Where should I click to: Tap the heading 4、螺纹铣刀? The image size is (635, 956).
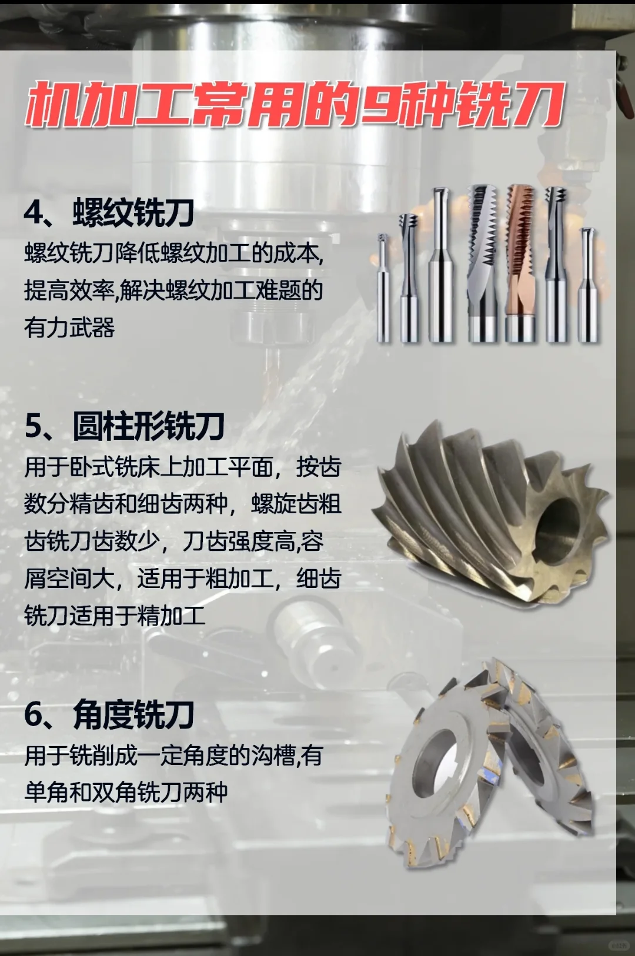[109, 212]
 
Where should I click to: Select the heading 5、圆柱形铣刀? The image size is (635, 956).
[125, 426]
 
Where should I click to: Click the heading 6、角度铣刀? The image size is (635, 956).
[109, 715]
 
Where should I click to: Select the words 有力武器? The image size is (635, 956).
[69, 327]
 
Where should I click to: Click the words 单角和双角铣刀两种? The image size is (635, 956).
[126, 792]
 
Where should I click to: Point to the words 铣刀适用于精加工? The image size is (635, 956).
[115, 616]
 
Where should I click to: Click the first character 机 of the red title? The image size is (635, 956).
[53, 105]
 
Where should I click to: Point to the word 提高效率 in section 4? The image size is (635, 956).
[69, 290]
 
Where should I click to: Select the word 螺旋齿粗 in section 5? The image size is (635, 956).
[296, 504]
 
